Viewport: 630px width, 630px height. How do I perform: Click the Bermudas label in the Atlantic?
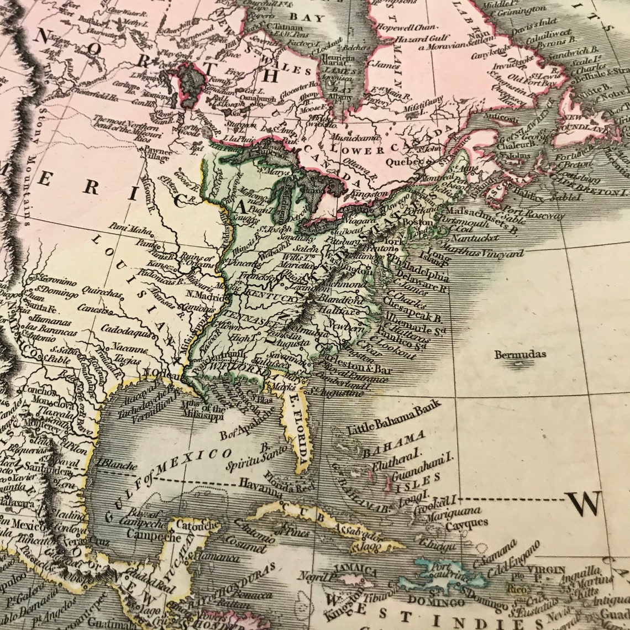(520, 354)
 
